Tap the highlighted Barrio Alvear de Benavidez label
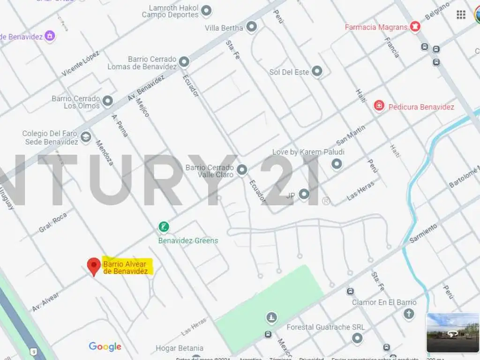click(126, 268)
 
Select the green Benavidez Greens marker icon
click(164, 228)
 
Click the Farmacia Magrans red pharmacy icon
click(415, 27)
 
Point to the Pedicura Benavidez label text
click(421, 107)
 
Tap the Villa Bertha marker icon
click(252, 27)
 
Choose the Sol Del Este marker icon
click(317, 71)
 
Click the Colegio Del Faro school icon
click(85, 137)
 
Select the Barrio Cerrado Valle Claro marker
click(242, 169)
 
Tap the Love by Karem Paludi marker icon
click(337, 164)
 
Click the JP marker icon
click(304, 194)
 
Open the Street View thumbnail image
click(452, 332)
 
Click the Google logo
click(105, 347)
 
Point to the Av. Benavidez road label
click(146, 88)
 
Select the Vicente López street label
click(81, 64)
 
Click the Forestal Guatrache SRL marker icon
click(358, 337)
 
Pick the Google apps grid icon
click(461, 15)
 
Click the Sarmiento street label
click(423, 233)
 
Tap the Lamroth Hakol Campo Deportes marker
click(206, 10)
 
